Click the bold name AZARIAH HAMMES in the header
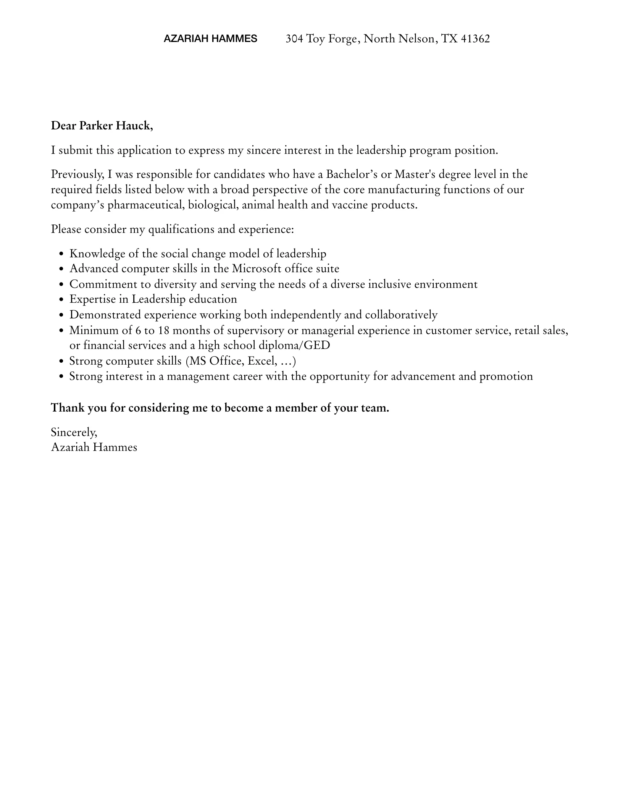pos(210,39)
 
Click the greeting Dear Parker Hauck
pos(102,126)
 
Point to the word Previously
pos(77,174)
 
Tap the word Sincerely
pos(74,432)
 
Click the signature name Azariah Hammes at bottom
pos(94,447)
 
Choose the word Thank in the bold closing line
pos(68,408)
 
